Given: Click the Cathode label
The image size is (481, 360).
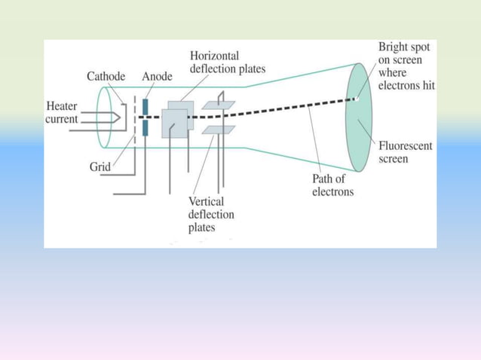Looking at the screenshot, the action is [106, 76].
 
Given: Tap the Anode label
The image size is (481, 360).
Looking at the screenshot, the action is [157, 76].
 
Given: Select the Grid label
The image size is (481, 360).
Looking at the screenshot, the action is [100, 167].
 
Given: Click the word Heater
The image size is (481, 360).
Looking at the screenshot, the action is [62, 106].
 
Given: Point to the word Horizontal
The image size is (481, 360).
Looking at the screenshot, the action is [214, 56].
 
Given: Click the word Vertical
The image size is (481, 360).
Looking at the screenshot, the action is [206, 202].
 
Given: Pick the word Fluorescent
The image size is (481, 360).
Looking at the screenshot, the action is [405, 146].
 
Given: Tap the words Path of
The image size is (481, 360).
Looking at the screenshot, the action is [328, 178].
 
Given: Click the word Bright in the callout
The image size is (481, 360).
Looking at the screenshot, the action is [392, 47].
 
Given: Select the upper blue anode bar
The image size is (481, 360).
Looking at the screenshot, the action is [145, 107].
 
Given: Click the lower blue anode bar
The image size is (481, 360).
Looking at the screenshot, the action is [145, 128].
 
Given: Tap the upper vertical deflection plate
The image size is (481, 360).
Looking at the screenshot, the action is [219, 105].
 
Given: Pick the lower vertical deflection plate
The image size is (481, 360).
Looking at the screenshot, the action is [219, 130].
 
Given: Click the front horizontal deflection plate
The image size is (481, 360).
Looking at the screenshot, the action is [175, 124].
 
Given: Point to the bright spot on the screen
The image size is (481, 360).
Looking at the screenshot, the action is [357, 99].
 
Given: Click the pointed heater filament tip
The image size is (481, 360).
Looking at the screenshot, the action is [120, 117].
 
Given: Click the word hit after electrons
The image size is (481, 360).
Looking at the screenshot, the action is [429, 85].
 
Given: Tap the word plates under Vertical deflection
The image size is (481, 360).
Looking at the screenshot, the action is [201, 227].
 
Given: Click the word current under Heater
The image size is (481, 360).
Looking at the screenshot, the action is [61, 119].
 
